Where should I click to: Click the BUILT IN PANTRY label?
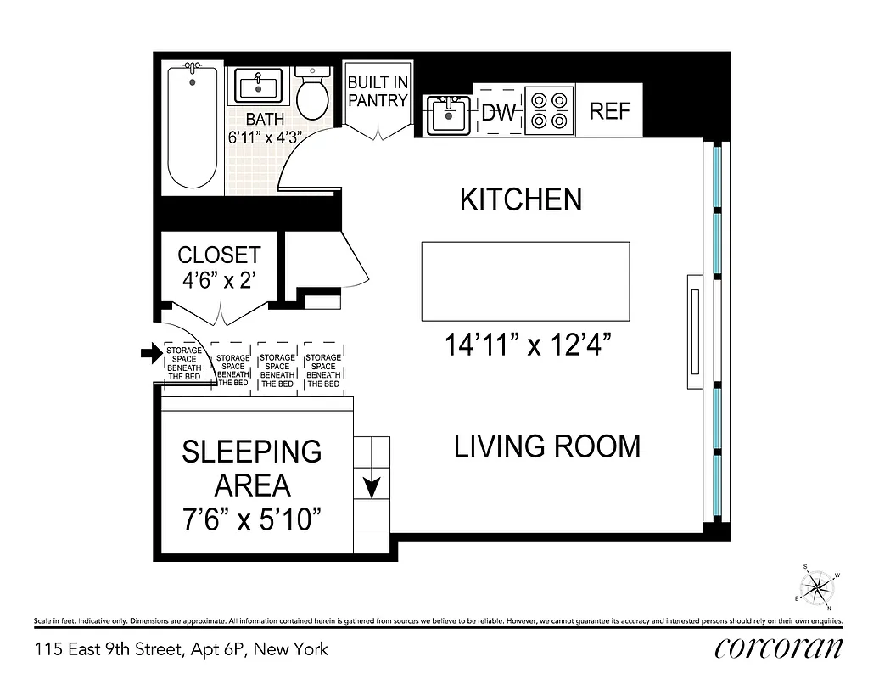(378, 92)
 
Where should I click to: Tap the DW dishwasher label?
(498, 112)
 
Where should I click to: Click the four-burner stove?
(548, 110)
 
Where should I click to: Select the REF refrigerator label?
(609, 111)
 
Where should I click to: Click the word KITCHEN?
(521, 200)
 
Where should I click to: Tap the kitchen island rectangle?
(525, 281)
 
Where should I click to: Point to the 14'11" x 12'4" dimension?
(528, 345)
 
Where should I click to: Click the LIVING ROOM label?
(547, 446)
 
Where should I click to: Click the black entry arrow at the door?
(151, 354)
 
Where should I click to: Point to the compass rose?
(818, 586)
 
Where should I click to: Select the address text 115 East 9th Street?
(181, 650)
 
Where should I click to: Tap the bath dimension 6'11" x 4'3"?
(265, 137)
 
